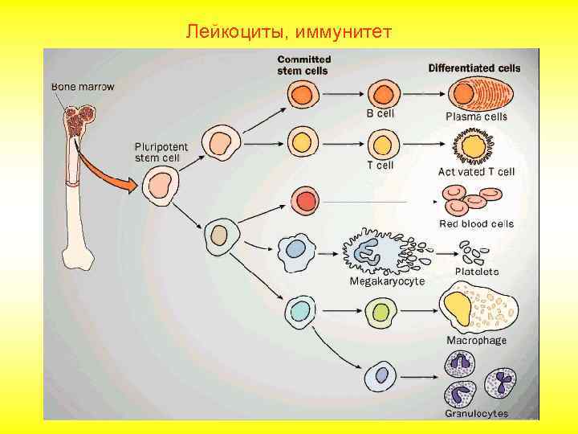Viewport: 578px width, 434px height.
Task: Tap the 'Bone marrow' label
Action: tap(83, 85)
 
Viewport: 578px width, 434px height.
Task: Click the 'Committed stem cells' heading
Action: tap(304, 64)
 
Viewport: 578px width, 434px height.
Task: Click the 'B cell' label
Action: tap(381, 115)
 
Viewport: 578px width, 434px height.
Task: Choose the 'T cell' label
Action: tap(381, 166)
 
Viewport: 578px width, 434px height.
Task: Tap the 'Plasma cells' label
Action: tap(477, 117)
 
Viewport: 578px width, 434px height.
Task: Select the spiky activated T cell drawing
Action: tap(474, 147)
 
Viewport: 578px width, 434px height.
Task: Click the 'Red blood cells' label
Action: tap(476, 223)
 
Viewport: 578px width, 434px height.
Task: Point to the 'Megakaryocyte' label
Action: tap(387, 281)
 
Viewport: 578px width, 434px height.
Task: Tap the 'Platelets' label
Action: tap(477, 272)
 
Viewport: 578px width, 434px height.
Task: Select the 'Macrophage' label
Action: tap(477, 340)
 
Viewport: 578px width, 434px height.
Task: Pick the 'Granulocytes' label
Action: tap(477, 413)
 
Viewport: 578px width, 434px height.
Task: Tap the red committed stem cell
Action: tap(304, 199)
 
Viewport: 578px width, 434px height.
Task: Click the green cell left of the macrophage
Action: tap(380, 311)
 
